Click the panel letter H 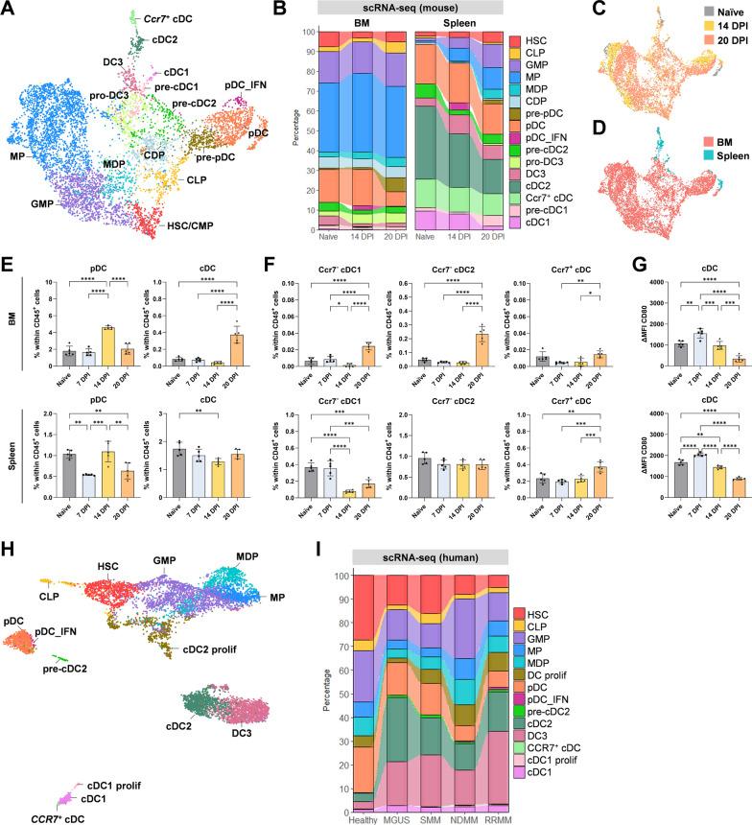click(10, 500)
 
